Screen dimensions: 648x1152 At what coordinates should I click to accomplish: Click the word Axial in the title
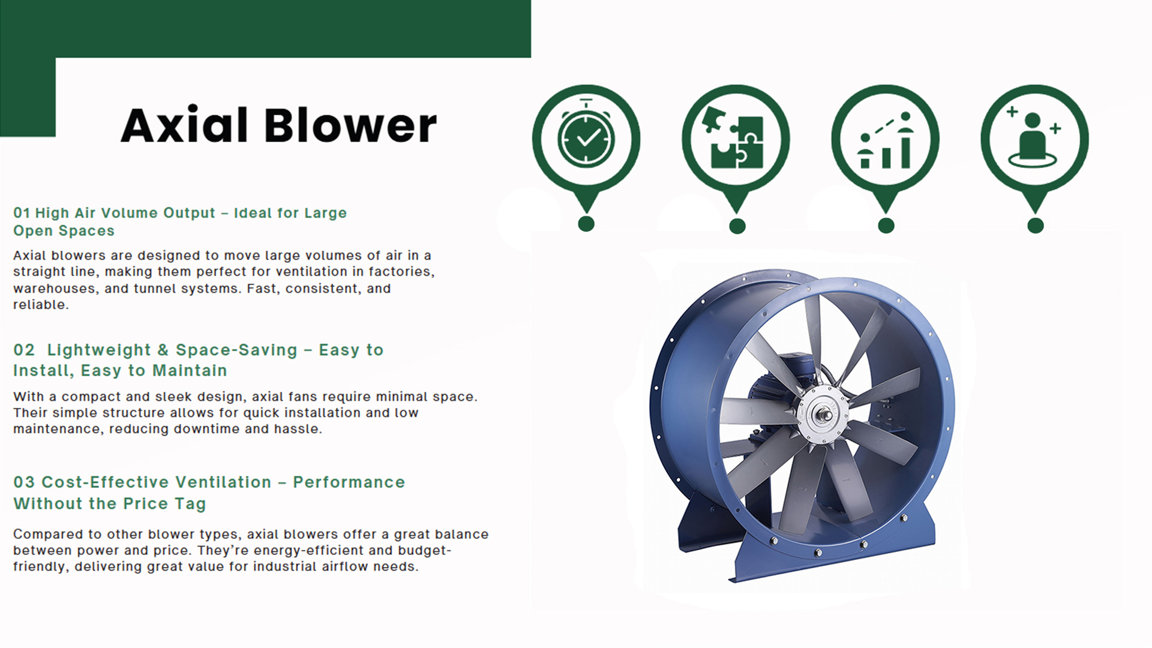[x=184, y=126]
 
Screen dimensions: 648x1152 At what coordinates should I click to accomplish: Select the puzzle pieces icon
[x=736, y=138]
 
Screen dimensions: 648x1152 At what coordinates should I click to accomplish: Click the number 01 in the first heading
[x=22, y=213]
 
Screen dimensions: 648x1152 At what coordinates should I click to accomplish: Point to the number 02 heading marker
[x=24, y=350]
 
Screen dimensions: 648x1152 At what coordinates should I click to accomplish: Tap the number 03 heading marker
[x=24, y=482]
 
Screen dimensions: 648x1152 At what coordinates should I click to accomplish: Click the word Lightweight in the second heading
[x=99, y=350]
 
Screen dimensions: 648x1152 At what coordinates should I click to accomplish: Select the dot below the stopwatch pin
[x=586, y=224]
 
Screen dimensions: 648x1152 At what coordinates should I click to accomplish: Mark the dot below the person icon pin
[x=1035, y=226]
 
